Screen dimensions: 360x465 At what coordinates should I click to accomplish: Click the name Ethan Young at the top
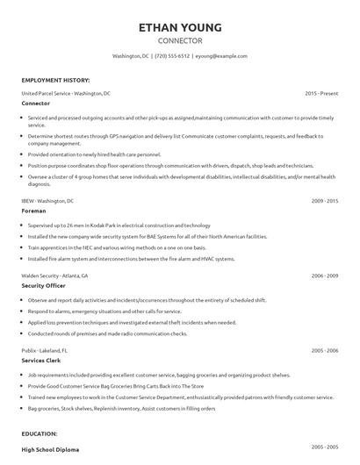(180, 26)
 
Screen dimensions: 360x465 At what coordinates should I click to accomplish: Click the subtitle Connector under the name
(180, 41)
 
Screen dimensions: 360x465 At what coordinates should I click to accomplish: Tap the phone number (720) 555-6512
(172, 56)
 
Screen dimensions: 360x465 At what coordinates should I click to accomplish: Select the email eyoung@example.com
(221, 56)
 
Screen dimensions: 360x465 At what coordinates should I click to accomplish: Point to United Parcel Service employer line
(66, 93)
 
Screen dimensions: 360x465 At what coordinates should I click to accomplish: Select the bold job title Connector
(35, 103)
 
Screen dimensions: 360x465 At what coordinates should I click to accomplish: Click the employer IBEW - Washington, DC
(49, 201)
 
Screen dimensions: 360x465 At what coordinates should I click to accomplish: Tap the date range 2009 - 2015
(325, 201)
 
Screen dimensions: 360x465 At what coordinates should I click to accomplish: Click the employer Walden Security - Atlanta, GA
(57, 275)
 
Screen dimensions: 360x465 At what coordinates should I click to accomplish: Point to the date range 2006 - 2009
(325, 275)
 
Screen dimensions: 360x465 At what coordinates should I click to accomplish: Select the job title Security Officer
(44, 285)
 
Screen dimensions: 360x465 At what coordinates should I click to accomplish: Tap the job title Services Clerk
(40, 360)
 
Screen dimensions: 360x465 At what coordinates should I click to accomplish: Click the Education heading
(40, 433)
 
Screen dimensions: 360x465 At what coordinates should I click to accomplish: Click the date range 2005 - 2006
(325, 350)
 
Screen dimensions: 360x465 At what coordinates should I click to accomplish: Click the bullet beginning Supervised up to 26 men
(114, 225)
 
